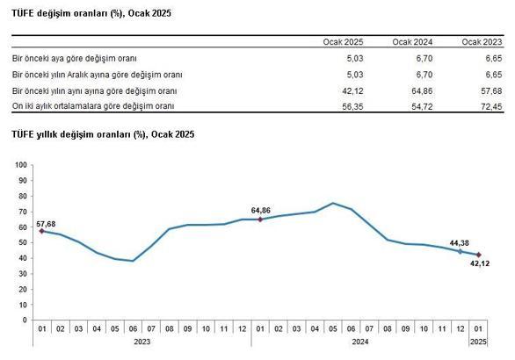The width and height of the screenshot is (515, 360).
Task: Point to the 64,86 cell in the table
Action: (420, 91)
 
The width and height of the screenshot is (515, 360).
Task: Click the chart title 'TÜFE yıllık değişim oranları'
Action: (103, 134)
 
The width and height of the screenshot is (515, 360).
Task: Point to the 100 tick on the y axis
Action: (22, 165)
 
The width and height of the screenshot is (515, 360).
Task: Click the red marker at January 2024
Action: (260, 220)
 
